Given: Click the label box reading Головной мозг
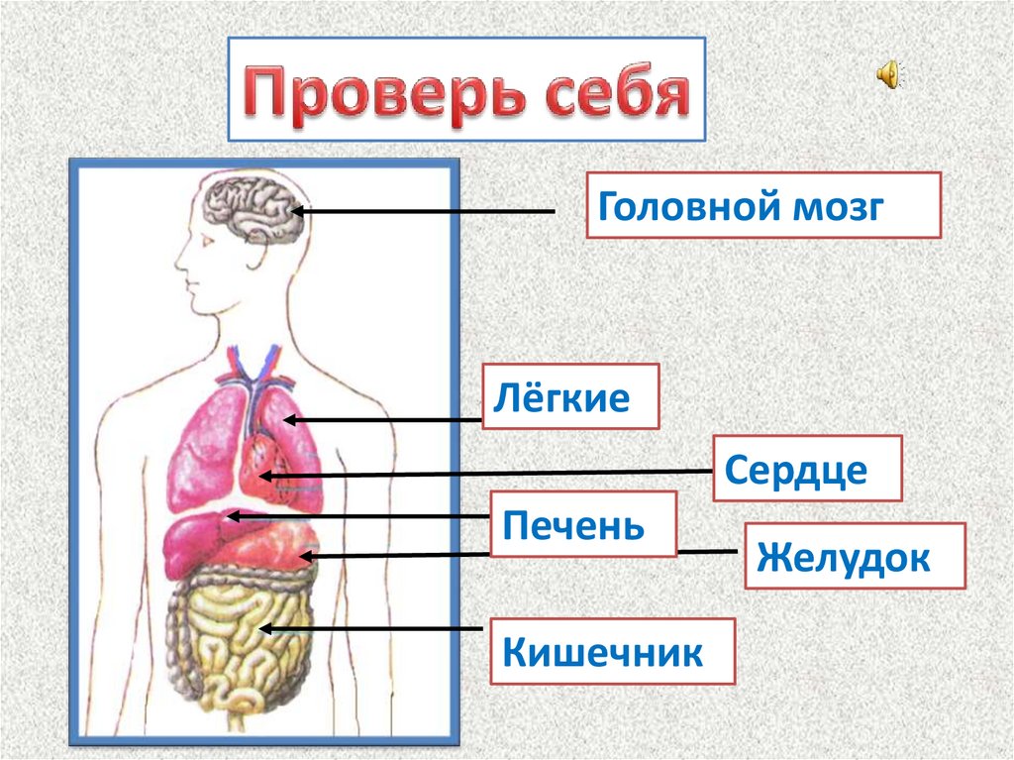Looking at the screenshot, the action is (x=762, y=205).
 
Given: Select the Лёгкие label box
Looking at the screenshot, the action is (x=571, y=396).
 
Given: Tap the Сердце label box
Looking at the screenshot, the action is (x=807, y=468).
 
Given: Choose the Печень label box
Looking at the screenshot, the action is (x=583, y=522).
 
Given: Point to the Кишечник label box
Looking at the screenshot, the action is (x=612, y=651).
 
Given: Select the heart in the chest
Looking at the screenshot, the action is (x=264, y=457).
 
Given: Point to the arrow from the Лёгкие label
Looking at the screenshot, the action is (x=381, y=421).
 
